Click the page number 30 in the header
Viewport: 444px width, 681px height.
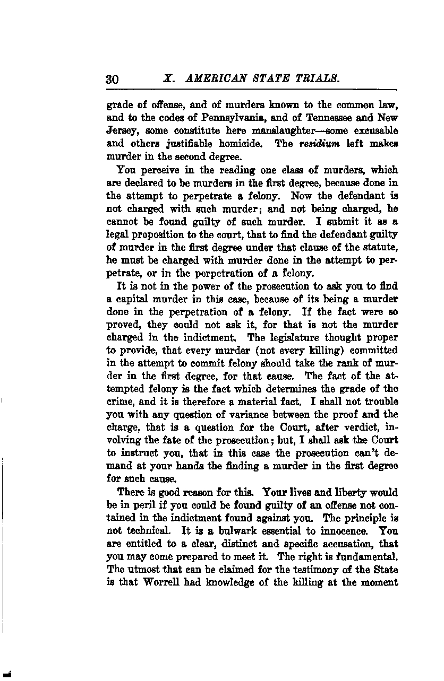pyautogui.click(x=112, y=79)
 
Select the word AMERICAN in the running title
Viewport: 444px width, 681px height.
pyautogui.click(x=212, y=78)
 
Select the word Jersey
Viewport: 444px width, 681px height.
pyautogui.click(x=122, y=130)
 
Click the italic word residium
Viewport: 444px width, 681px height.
pyautogui.click(x=318, y=143)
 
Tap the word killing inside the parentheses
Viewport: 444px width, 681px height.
pyautogui.click(x=291, y=351)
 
